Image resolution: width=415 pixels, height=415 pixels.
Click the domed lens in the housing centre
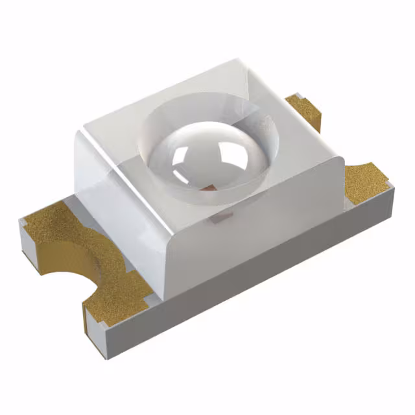[x=206, y=156]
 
